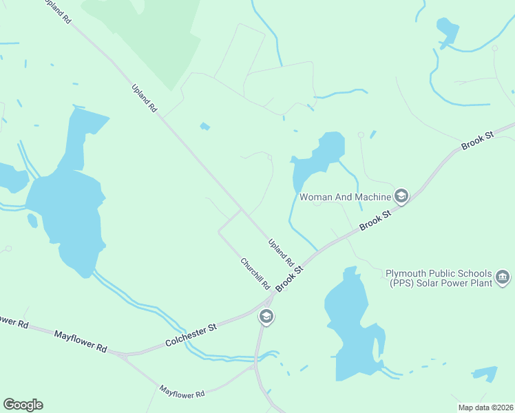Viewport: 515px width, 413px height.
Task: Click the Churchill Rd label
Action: [x=255, y=273]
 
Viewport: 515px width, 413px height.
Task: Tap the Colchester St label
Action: [x=191, y=337]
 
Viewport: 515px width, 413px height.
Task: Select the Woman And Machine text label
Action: [x=344, y=197]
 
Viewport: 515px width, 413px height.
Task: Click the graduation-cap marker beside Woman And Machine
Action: [x=401, y=197]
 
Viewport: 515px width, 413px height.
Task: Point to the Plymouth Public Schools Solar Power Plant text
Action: [x=439, y=277]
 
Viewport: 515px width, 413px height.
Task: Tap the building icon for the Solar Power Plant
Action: [x=503, y=277]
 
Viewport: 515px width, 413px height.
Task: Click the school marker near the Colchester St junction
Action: [x=266, y=317]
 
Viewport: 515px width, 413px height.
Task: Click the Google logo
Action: [x=23, y=405]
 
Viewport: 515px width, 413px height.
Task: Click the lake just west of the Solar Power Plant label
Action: [x=353, y=324]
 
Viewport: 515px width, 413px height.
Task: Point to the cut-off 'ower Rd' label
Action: [x=14, y=321]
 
